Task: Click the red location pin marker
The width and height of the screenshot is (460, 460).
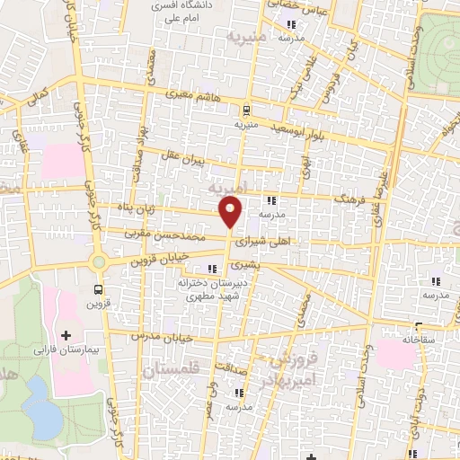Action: [x=231, y=212]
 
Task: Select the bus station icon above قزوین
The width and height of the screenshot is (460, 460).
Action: [x=99, y=289]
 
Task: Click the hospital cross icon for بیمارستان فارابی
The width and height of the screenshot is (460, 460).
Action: [x=64, y=335]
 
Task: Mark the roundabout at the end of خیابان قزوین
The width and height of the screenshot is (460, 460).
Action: [x=98, y=261]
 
